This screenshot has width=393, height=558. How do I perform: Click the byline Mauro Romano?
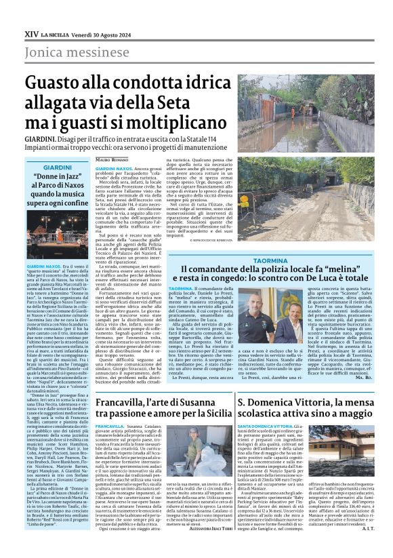[110, 161]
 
